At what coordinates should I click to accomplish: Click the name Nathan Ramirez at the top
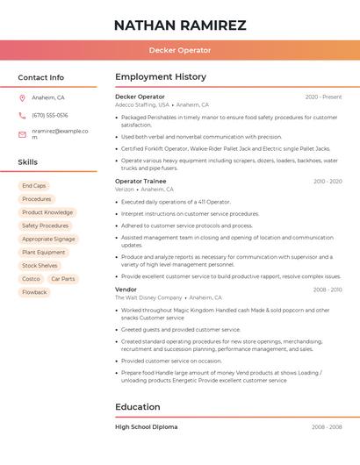pyautogui.click(x=180, y=25)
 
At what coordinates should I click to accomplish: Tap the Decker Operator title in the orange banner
pyautogui.click(x=180, y=51)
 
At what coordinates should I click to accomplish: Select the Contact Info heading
pyautogui.click(x=41, y=77)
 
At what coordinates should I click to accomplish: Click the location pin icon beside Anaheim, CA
pyautogui.click(x=22, y=98)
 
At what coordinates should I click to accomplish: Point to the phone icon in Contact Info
pyautogui.click(x=22, y=116)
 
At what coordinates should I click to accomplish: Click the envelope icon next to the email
pyautogui.click(x=22, y=133)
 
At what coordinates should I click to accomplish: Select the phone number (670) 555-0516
pyautogui.click(x=50, y=116)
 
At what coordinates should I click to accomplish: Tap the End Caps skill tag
pyautogui.click(x=34, y=186)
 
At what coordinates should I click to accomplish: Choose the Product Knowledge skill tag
pyautogui.click(x=47, y=212)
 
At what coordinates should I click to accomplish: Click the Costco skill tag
pyautogui.click(x=31, y=279)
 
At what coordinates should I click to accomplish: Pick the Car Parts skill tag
pyautogui.click(x=63, y=279)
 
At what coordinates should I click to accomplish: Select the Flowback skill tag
pyautogui.click(x=35, y=292)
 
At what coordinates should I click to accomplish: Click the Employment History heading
pyautogui.click(x=160, y=77)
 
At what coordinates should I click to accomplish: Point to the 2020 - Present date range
pyautogui.click(x=323, y=97)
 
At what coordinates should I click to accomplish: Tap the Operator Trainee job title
pyautogui.click(x=140, y=182)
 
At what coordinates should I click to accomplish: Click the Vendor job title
pyautogui.click(x=126, y=290)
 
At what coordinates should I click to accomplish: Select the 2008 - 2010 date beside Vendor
pyautogui.click(x=327, y=290)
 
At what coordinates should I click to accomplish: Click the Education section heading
pyautogui.click(x=138, y=407)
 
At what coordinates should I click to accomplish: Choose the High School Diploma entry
pyautogui.click(x=147, y=427)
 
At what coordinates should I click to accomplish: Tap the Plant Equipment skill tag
pyautogui.click(x=44, y=253)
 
